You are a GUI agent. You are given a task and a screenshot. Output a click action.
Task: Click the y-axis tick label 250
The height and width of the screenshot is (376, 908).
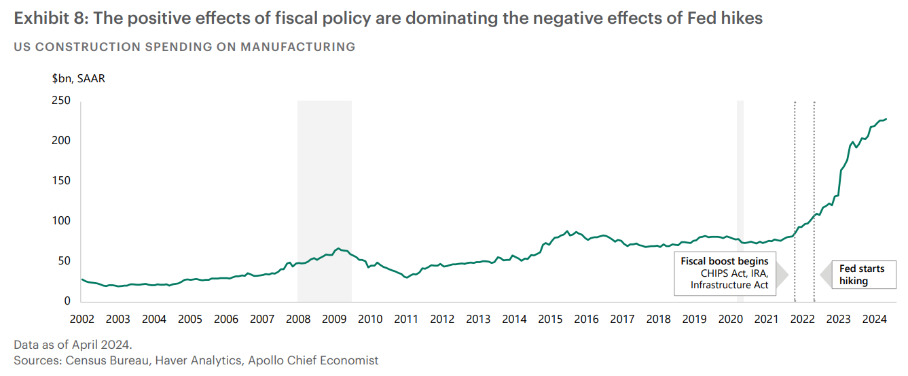tap(61, 101)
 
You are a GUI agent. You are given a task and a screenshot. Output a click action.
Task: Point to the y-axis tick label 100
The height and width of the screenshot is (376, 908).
tap(61, 221)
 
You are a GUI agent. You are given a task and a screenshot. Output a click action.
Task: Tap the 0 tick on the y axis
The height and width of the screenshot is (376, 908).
tap(67, 301)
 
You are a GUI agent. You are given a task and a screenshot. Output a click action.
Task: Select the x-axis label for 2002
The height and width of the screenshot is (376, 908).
tap(81, 319)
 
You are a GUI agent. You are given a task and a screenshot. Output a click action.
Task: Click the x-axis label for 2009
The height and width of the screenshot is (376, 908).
tap(334, 319)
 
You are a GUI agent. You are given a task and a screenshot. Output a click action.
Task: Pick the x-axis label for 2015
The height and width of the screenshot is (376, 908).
tap(550, 319)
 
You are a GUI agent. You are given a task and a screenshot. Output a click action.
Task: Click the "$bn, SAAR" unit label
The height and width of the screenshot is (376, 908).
tap(79, 78)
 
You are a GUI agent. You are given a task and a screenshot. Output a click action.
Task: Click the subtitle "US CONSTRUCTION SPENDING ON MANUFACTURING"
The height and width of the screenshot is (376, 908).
tap(184, 47)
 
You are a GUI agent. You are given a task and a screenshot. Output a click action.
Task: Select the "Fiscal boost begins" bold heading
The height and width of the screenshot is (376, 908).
tap(725, 261)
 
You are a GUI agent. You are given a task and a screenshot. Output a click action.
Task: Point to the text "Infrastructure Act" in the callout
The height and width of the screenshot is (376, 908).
tap(729, 285)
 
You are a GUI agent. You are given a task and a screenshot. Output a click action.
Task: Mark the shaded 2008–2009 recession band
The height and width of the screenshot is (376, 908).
tap(325, 204)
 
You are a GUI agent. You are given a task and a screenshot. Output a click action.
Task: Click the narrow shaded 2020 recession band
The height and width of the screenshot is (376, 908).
tap(740, 204)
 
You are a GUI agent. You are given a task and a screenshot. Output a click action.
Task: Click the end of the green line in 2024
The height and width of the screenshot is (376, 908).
tap(886, 119)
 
